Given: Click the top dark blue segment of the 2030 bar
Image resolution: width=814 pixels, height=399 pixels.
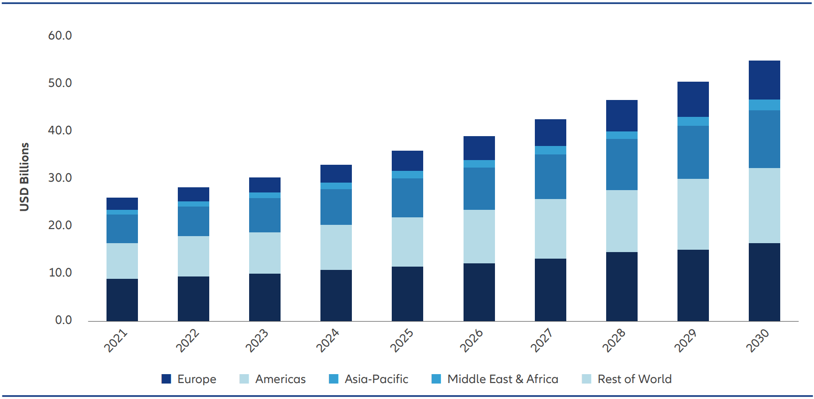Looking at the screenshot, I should pos(764,80).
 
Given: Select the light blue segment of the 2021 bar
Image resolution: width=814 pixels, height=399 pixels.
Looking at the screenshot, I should pos(122,261).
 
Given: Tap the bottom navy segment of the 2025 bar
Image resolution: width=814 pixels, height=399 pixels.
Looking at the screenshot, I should pos(407,294).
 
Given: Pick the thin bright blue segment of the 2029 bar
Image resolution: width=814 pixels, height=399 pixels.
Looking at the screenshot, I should pos(693,121).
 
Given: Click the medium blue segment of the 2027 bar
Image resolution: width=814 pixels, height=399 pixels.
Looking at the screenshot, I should pos(550,176).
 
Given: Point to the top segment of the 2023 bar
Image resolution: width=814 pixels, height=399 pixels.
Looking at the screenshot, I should pos(265,184).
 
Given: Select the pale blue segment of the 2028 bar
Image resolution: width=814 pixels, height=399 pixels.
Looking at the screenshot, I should pos(622,221).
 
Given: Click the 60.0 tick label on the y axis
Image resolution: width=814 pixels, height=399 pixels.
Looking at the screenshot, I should pos(60,36).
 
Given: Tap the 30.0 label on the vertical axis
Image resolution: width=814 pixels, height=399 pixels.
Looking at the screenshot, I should pos(60,178).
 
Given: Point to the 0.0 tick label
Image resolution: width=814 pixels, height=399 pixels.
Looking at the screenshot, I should pos(63,320).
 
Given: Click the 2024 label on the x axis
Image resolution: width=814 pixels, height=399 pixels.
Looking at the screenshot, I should pos(327,340).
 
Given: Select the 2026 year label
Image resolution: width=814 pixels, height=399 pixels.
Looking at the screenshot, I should pos(471,340).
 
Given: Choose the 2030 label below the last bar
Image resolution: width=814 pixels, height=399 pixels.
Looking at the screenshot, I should pos(757,340).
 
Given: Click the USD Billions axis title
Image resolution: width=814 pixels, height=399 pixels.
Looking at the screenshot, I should pos(24,177).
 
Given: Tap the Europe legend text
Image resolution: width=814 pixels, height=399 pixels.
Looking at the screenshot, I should pos(197,379).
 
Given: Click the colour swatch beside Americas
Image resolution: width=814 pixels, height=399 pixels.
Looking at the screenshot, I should pos(244,379).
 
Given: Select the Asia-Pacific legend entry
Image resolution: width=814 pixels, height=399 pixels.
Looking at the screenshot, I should pos(376,379).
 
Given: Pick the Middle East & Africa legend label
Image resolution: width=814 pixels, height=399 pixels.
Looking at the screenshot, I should pos(502,379).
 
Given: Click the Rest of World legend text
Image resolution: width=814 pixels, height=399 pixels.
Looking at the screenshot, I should pos(634,379).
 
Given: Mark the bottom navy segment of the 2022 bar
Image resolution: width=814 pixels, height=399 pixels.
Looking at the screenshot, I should pos(193,299).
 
